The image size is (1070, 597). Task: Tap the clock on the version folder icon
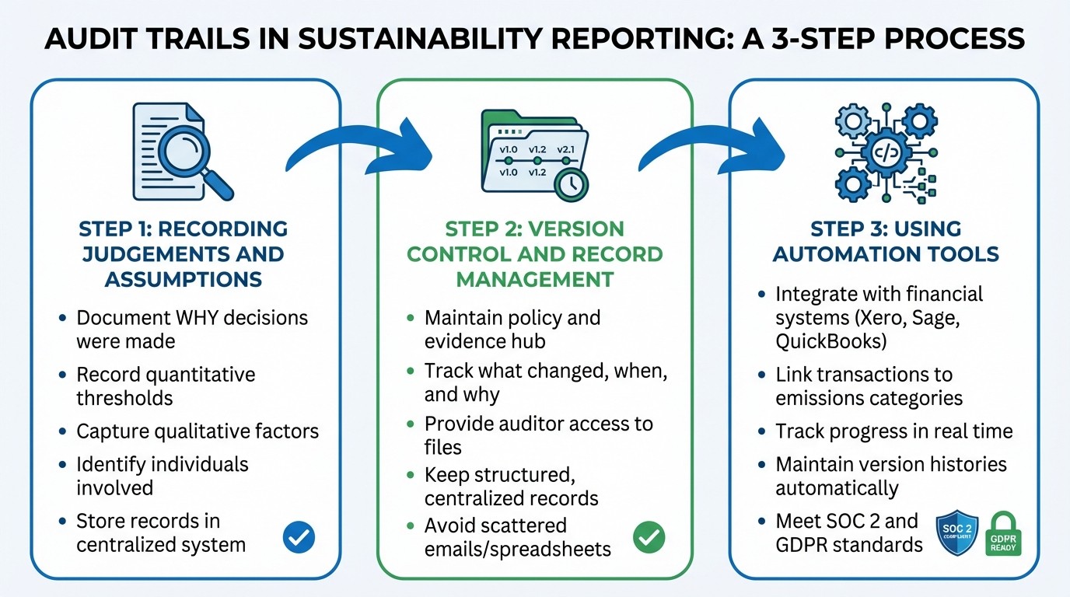571,183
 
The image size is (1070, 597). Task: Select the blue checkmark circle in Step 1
299,536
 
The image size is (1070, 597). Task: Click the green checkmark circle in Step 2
649,537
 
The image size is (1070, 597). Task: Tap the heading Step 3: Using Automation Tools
886,241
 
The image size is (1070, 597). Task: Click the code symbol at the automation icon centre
886,152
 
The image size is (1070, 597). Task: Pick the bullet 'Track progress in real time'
894,431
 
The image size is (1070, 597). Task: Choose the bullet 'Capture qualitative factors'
198,431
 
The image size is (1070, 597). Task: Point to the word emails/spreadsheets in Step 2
518,548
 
